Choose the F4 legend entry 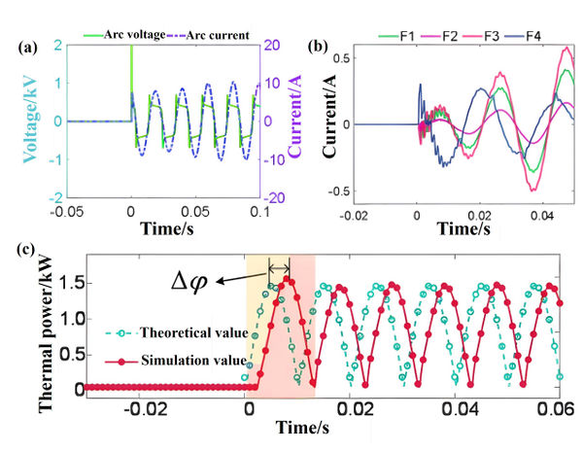click(x=536, y=37)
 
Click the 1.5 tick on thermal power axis click(x=62, y=283)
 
